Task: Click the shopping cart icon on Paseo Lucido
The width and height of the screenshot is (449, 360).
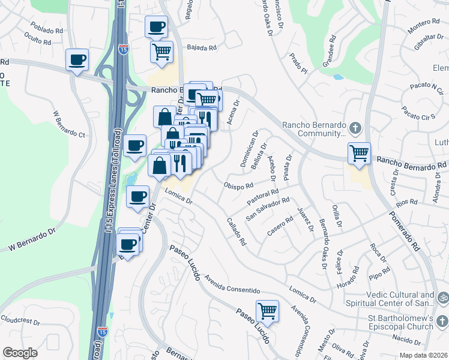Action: (x=267, y=311)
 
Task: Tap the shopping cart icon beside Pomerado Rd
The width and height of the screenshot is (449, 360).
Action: (x=359, y=153)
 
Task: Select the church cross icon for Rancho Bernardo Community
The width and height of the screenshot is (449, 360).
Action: (x=355, y=128)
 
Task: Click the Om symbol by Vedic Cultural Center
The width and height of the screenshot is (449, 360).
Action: (x=443, y=297)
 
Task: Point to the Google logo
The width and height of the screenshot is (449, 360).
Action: (x=20, y=353)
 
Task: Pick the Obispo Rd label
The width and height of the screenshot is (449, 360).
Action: (x=238, y=185)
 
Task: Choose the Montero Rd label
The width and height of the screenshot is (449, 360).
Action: (x=423, y=22)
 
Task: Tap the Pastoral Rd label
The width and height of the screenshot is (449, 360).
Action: (x=263, y=196)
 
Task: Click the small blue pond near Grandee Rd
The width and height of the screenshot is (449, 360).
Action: (x=338, y=77)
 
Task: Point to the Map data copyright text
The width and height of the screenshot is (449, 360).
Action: (x=423, y=355)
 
